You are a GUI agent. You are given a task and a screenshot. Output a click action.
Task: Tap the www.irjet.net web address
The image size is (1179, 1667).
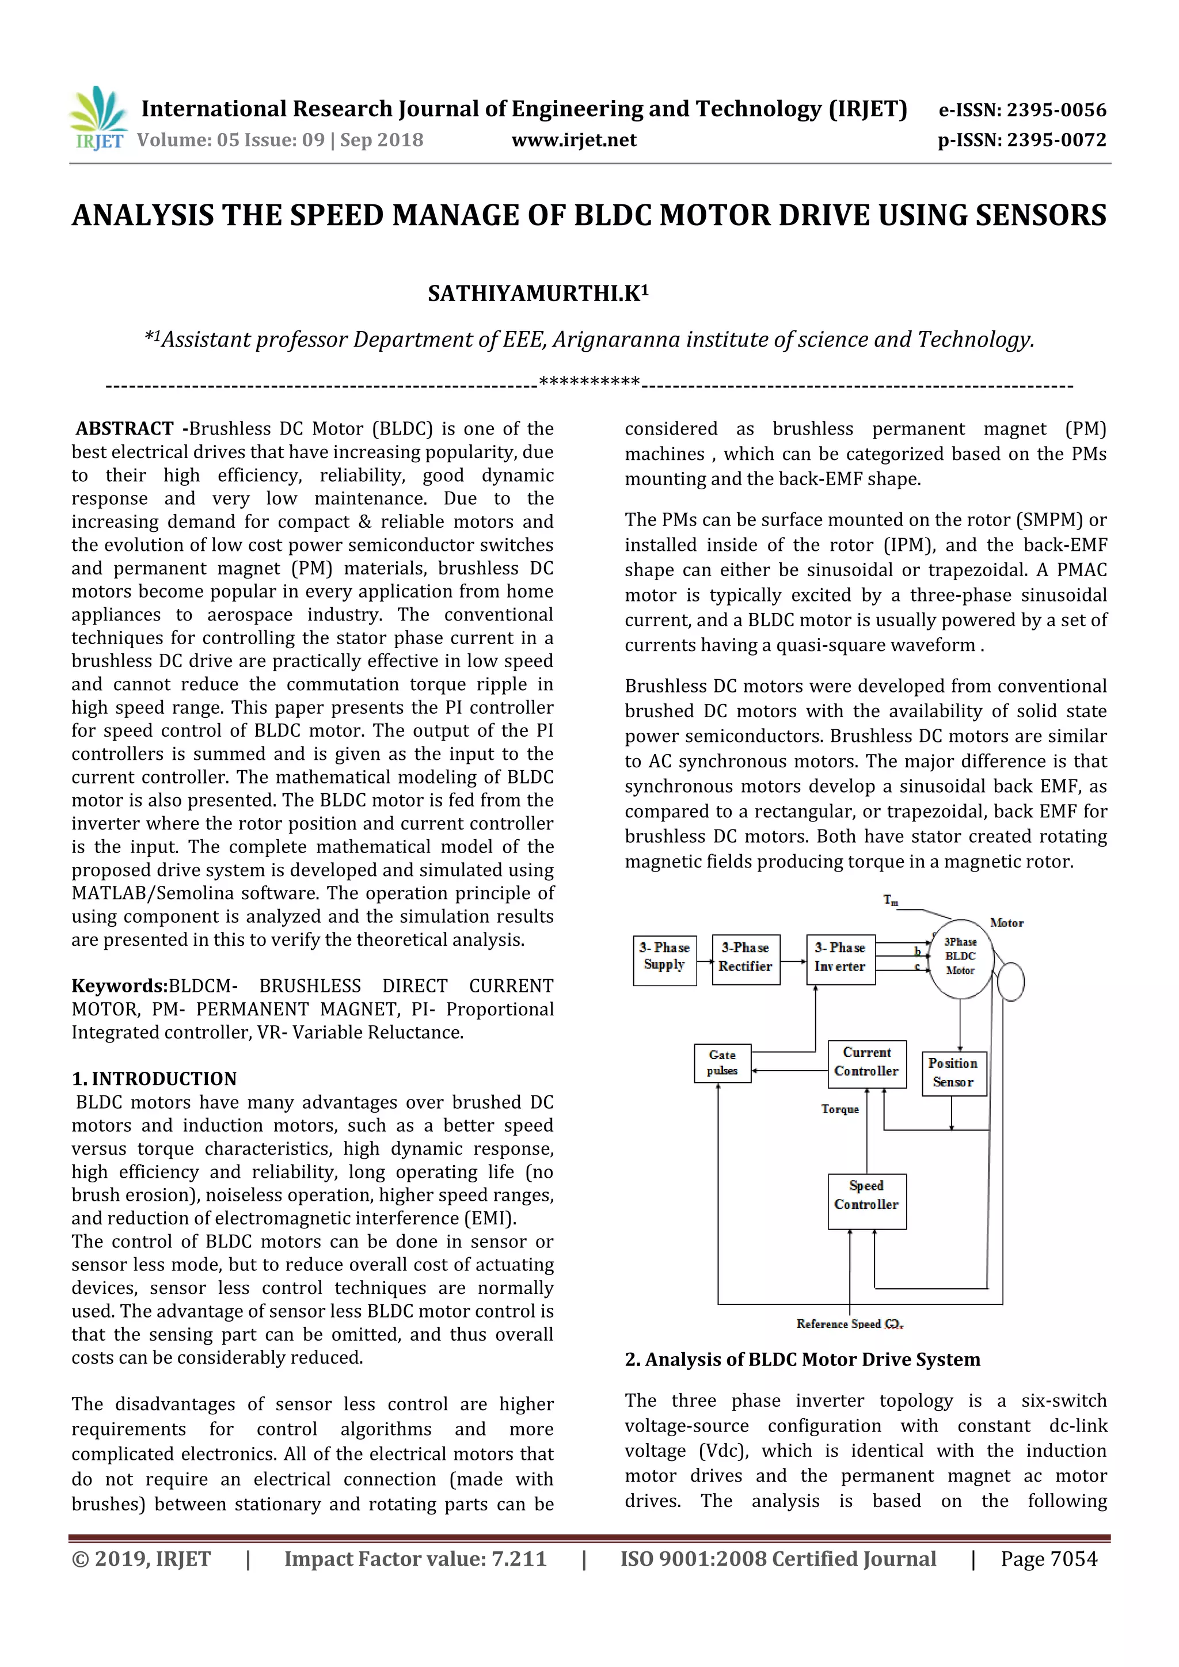click(573, 140)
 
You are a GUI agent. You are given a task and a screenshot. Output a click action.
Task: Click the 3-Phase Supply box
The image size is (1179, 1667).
click(664, 960)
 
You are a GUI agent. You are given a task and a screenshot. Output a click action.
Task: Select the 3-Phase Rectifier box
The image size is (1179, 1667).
click(746, 959)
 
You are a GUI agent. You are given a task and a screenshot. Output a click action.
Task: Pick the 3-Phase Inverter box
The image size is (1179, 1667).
click(840, 959)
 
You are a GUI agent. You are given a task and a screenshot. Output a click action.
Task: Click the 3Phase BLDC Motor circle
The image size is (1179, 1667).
click(960, 957)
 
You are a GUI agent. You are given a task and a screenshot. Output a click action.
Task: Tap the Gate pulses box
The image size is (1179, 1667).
click(722, 1063)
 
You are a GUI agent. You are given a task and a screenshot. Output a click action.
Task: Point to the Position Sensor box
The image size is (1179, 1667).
click(953, 1074)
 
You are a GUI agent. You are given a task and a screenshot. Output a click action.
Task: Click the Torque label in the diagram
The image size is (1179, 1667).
click(840, 1109)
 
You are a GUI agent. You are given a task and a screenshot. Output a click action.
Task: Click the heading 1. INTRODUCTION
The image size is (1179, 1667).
click(154, 1079)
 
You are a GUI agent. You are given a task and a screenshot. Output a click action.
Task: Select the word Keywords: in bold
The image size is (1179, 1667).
click(120, 986)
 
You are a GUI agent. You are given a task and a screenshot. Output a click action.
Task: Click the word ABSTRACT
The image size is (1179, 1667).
click(125, 429)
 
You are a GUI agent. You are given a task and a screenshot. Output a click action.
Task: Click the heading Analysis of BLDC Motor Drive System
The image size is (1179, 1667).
click(812, 1359)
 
